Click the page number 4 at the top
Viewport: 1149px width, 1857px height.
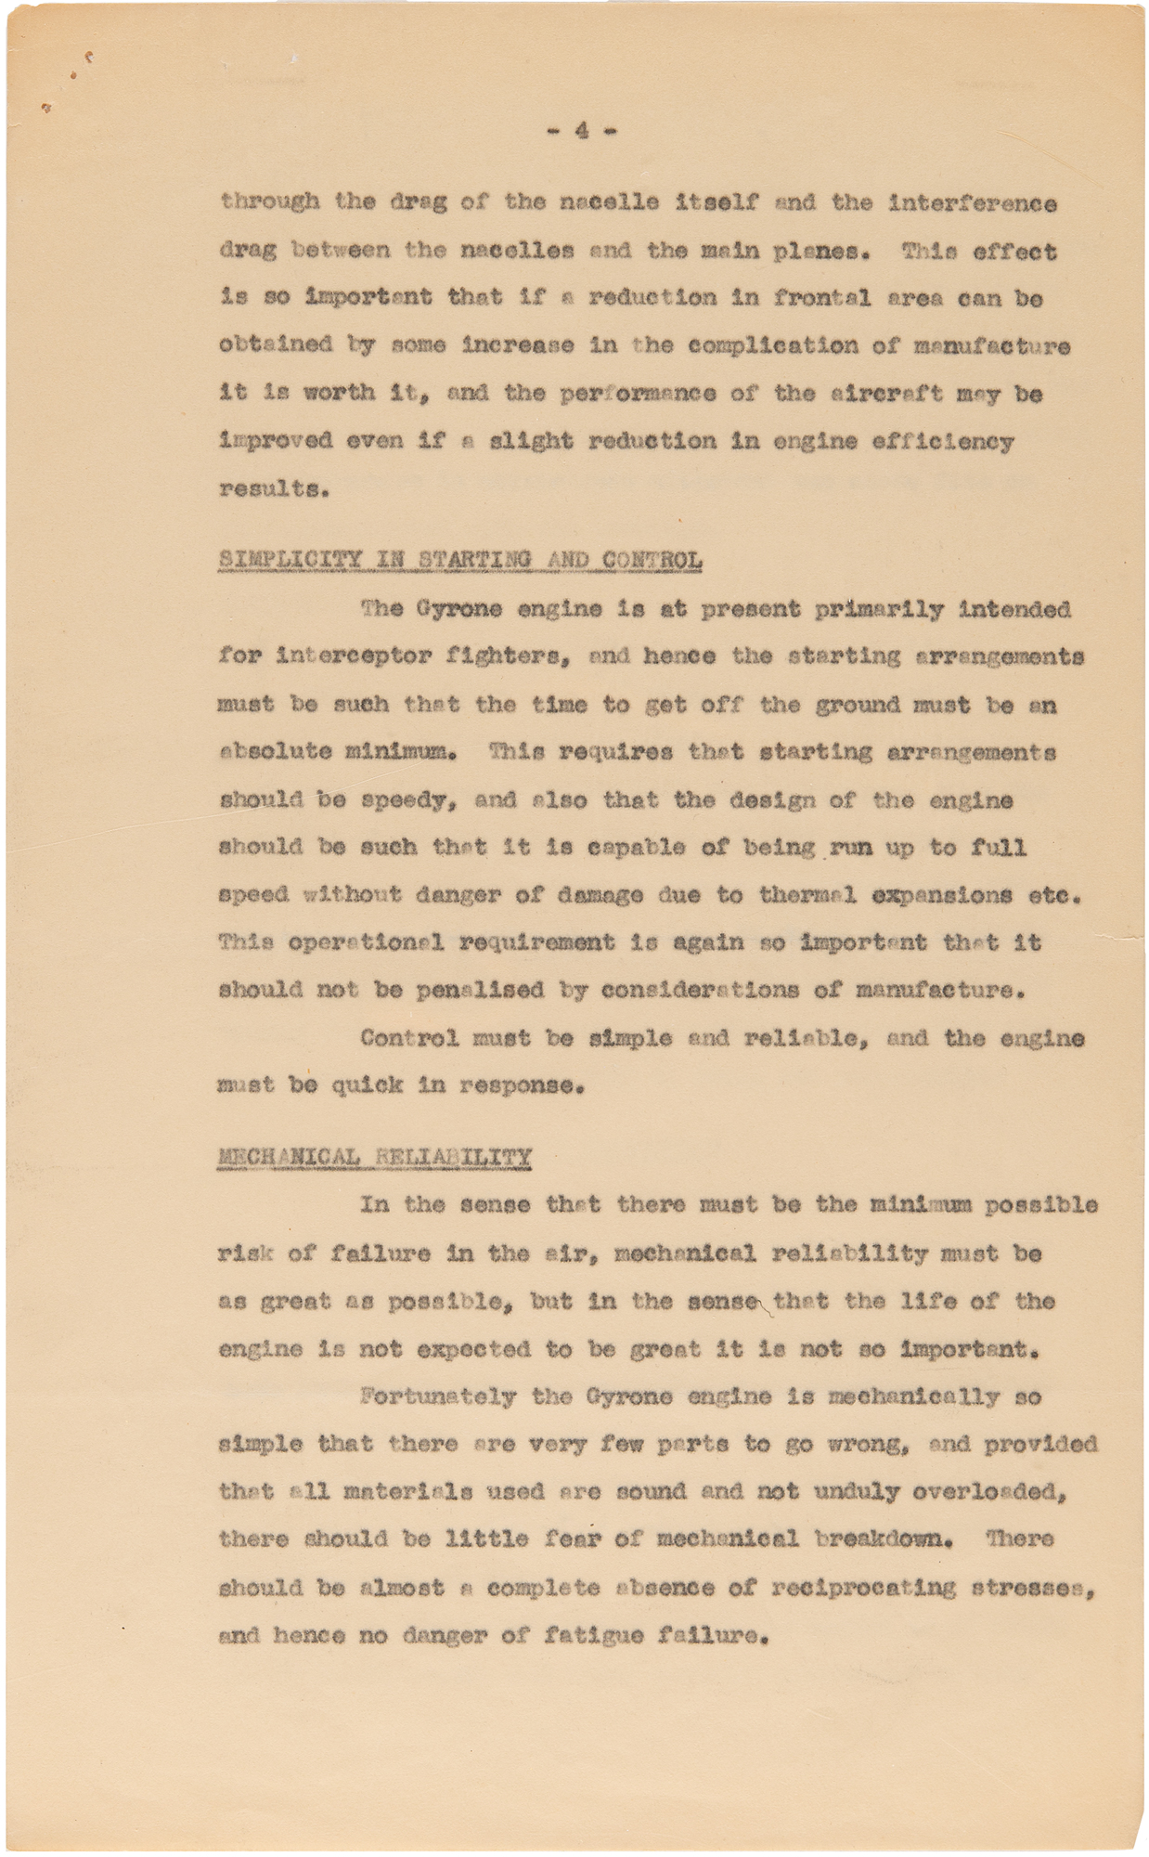(582, 131)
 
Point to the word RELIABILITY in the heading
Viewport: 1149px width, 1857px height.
(453, 1157)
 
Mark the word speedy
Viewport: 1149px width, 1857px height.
(407, 799)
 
